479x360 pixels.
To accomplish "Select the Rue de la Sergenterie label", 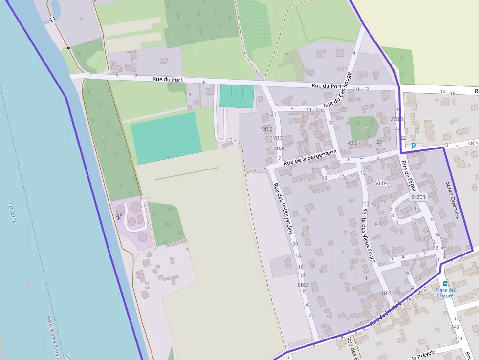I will pos(310,157).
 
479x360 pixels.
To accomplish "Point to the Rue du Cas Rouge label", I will pos(337,90).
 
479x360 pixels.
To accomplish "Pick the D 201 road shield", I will pos(418,197).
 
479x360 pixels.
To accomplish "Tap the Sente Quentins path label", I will pos(453,200).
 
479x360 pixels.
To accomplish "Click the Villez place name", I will pos(382,183).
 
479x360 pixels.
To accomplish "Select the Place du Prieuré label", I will pos(445,293).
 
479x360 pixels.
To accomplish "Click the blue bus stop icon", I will pos(445,283).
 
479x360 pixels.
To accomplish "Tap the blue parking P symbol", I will pos(414,146).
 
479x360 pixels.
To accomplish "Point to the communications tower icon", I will pos(118,216).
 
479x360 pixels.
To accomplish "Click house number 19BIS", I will pos(266,129).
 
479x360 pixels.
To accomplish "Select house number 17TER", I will pos(277,148).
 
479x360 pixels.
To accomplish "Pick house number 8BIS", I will pos(303,285).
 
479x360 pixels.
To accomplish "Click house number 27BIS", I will pos(397,119).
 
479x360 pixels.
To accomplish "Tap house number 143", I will pos(456,327).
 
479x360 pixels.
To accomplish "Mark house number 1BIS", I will pos(386,293).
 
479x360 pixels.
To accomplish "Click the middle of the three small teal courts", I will pos(237,96).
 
